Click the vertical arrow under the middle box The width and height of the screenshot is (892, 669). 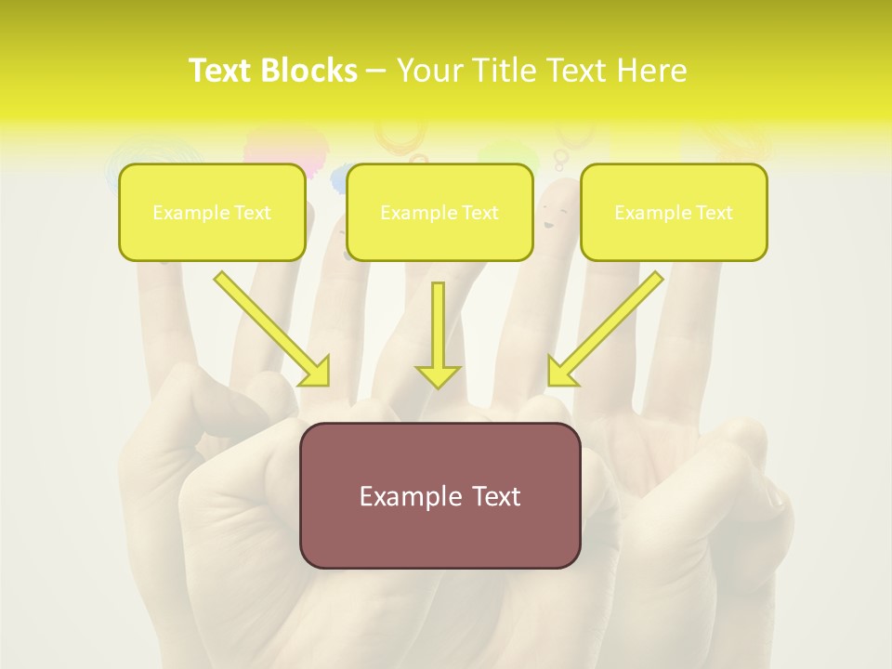click(438, 334)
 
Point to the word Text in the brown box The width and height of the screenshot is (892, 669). click(495, 496)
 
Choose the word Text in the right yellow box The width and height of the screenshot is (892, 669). click(715, 213)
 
